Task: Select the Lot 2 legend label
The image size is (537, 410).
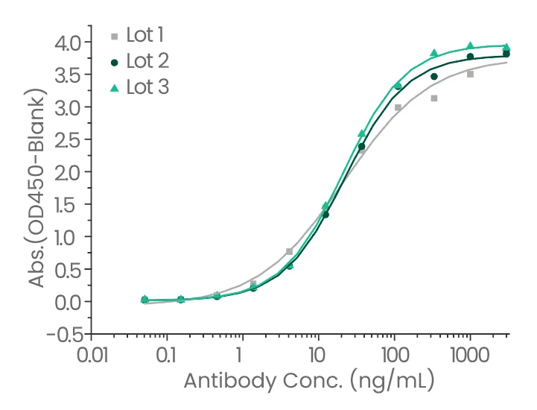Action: [x=147, y=61]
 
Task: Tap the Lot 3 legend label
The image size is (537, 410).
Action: [x=147, y=87]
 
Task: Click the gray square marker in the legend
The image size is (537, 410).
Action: [x=114, y=35]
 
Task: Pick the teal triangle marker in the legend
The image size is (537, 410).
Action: [x=114, y=88]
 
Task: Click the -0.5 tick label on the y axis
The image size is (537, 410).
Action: [x=63, y=334]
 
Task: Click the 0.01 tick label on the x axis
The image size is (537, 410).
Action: [x=92, y=353]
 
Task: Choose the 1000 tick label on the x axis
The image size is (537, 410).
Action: [x=470, y=353]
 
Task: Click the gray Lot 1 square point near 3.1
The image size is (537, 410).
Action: [x=433, y=98]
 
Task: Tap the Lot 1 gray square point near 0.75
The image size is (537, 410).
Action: [x=289, y=251]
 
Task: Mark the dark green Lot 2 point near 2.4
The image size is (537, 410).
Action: [x=361, y=146]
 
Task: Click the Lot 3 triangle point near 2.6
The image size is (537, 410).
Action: [x=361, y=133]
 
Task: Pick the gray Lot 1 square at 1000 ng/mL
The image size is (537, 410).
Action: [x=470, y=74]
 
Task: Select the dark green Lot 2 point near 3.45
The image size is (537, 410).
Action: [x=433, y=76]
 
